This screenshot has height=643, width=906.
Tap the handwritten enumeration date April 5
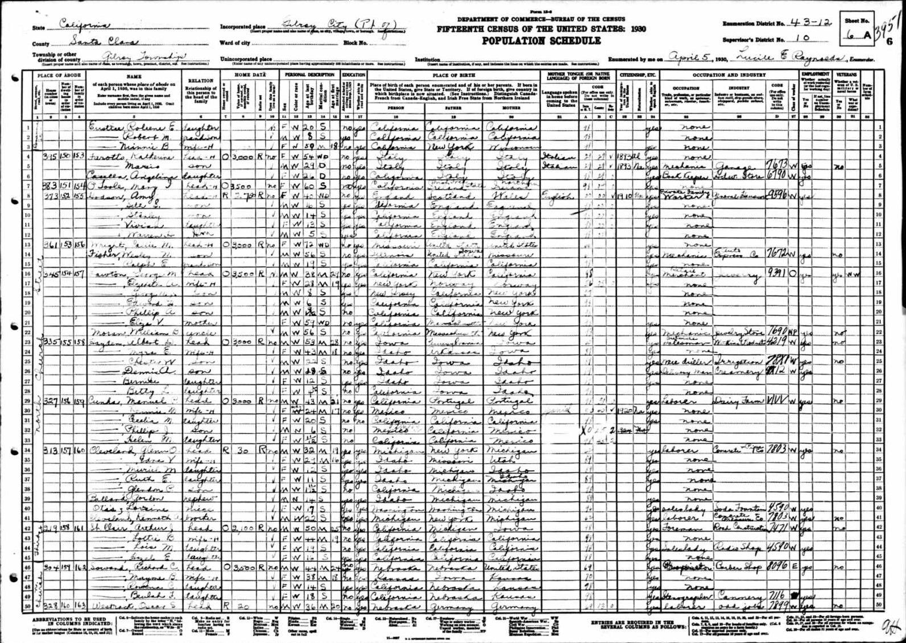689,58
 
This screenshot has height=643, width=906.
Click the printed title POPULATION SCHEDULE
541,41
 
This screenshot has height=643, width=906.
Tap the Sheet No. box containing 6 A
857,33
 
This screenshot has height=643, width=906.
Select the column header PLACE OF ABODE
59,75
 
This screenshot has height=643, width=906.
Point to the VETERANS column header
846,74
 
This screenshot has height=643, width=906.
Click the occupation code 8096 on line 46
777,567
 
